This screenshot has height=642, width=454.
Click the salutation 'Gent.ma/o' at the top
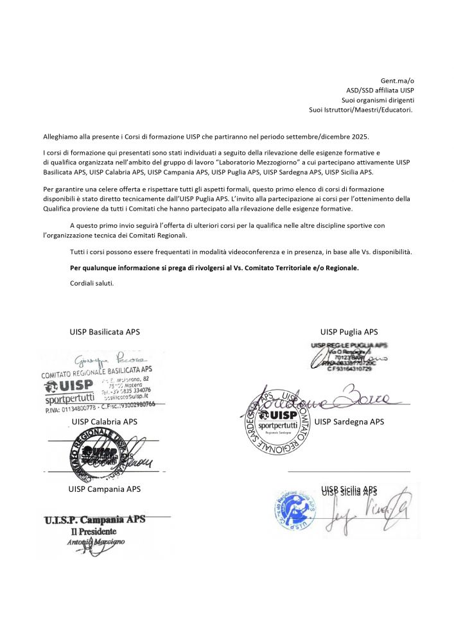pyautogui.click(x=399, y=80)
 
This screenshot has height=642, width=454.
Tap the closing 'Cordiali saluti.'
pyautogui.click(x=91, y=282)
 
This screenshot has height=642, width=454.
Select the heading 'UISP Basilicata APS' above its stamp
pyautogui.click(x=105, y=332)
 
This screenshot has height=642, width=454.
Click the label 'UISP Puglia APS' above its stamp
pyautogui.click(x=349, y=332)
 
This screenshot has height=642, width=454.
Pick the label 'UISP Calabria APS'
pyautogui.click(x=105, y=422)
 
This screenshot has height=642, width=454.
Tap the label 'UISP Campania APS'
pyautogui.click(x=105, y=489)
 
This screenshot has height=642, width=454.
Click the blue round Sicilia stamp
pyautogui.click(x=297, y=512)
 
